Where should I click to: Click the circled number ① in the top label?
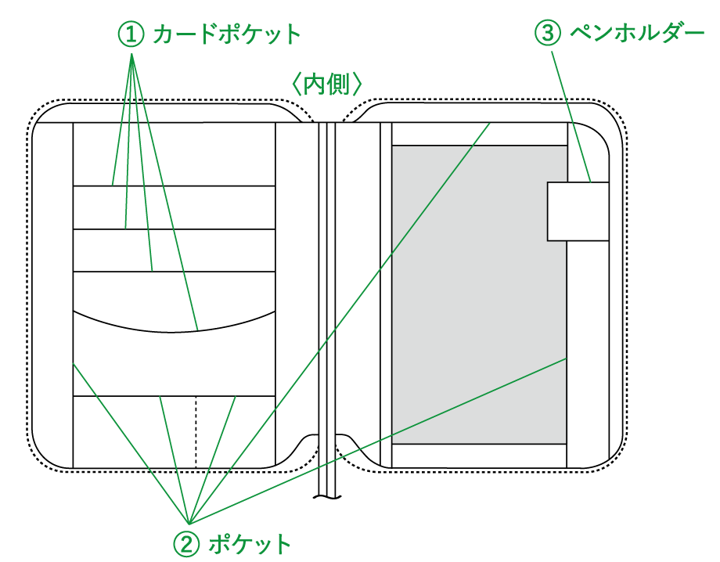tap(131, 34)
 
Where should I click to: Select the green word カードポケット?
tap(227, 34)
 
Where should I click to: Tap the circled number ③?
tap(548, 33)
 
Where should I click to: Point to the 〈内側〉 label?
tap(327, 85)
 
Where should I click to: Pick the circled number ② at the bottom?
tap(186, 544)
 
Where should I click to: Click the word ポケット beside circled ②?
tap(250, 544)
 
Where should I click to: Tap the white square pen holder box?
tap(578, 211)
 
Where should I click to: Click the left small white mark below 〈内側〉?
tap(314, 126)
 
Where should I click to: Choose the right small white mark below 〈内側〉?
tap(340, 125)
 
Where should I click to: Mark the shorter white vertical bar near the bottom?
tap(322, 443)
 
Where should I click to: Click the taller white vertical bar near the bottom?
tap(332, 441)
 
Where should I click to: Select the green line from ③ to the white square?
tap(571, 117)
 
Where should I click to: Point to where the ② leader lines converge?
tap(189, 523)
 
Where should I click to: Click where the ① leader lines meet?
tap(131, 55)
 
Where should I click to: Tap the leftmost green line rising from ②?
tap(129, 441)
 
